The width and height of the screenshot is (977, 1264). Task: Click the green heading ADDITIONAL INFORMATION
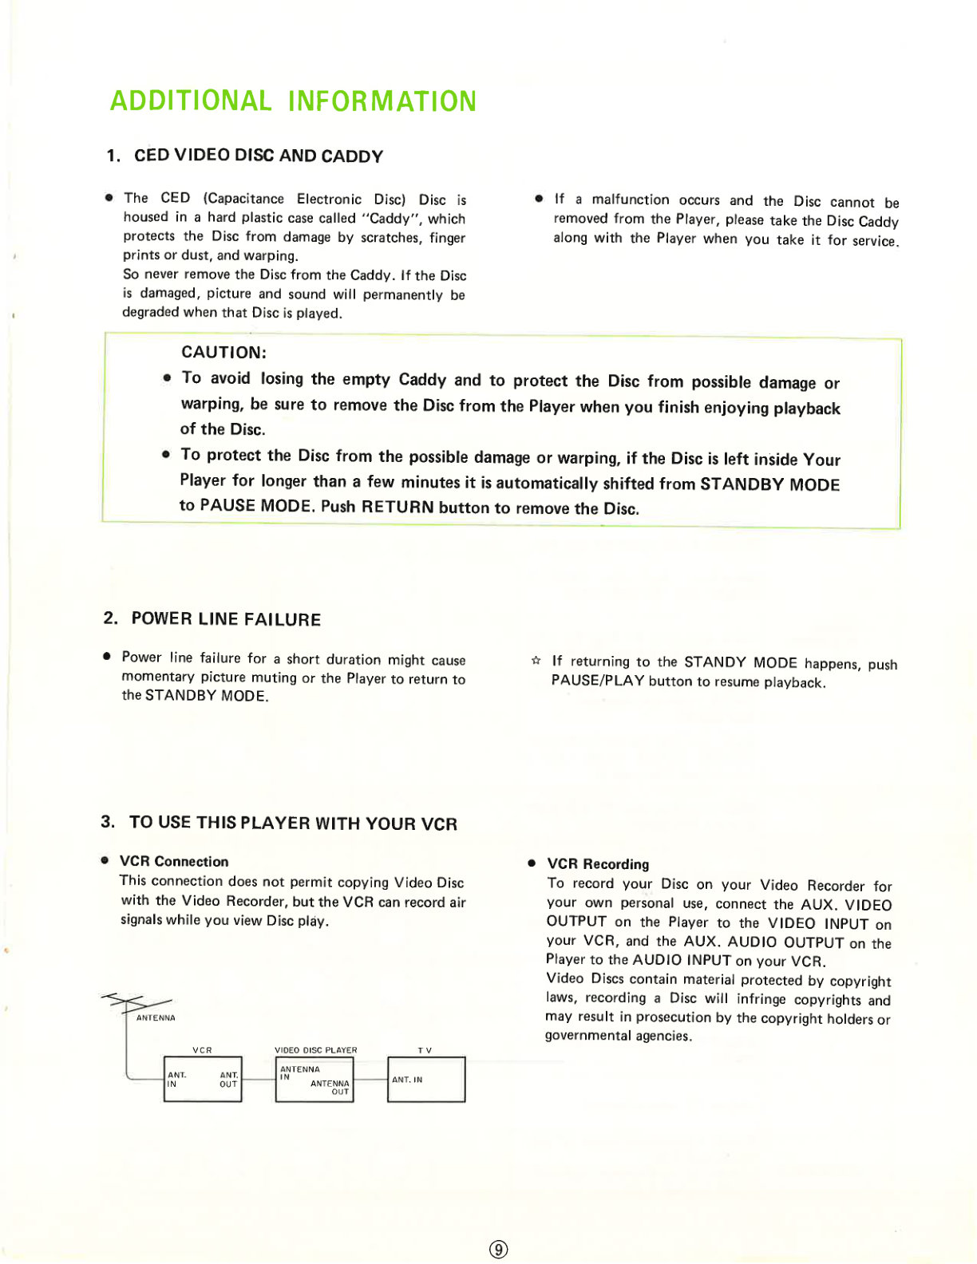293,101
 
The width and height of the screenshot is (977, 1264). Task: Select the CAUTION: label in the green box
224,353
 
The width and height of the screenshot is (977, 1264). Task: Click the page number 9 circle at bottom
499,1249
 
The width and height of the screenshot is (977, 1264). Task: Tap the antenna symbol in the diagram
136,1002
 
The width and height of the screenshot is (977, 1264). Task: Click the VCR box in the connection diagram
203,1079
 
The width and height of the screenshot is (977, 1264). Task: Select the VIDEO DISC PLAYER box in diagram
314,1080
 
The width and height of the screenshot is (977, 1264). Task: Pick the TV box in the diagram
426,1080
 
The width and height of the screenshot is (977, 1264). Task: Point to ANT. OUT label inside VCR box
228,1080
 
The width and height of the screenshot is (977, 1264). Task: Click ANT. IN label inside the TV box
407,1080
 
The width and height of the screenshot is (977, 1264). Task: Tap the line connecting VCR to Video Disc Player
259,1080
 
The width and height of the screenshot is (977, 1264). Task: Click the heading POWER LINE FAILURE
226,619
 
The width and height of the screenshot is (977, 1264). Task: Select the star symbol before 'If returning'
536,661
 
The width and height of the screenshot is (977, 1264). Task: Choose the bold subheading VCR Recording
598,864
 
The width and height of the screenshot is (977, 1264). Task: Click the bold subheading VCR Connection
174,862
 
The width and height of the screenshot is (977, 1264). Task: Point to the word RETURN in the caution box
398,507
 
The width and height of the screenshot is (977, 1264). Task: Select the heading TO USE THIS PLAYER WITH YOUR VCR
293,823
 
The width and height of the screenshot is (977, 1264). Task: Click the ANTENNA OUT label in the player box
330,1087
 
